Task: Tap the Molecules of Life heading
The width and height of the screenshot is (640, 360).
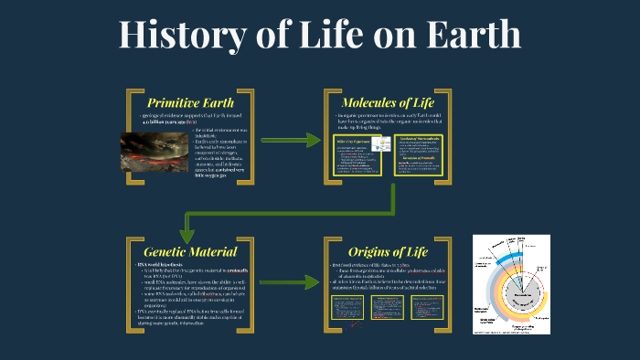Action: (385, 101)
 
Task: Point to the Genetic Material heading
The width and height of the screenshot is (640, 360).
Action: (190, 249)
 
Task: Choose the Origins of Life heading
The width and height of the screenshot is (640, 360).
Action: (385, 249)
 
